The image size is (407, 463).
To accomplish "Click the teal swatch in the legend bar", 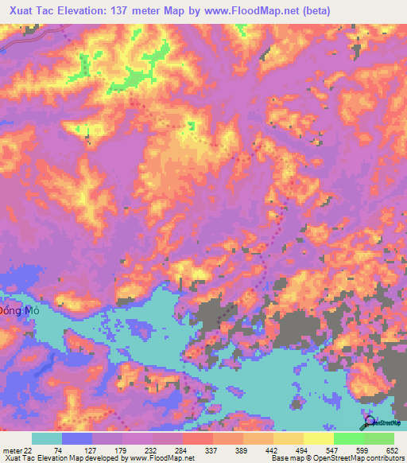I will [47, 438].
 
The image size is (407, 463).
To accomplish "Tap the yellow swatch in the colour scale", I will [319, 438].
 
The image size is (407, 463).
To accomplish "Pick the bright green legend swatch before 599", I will [349, 438].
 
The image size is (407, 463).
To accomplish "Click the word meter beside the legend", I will [11, 451].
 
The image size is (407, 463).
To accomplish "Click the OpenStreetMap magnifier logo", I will [370, 422].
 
